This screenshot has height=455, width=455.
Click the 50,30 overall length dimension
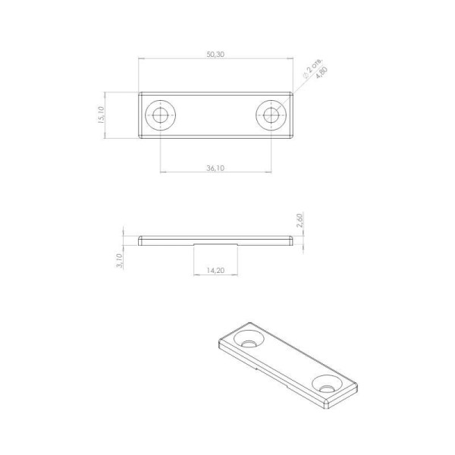(215, 55)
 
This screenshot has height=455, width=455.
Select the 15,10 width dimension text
(101, 115)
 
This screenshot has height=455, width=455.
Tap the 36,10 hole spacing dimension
(215, 168)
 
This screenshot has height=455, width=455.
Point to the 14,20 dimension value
(215, 270)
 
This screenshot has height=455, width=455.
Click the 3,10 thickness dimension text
(119, 261)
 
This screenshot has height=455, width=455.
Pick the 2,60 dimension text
(300, 220)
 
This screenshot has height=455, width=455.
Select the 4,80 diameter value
(322, 73)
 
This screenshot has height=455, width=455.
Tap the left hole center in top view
(161, 115)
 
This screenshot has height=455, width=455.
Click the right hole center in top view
(271, 115)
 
